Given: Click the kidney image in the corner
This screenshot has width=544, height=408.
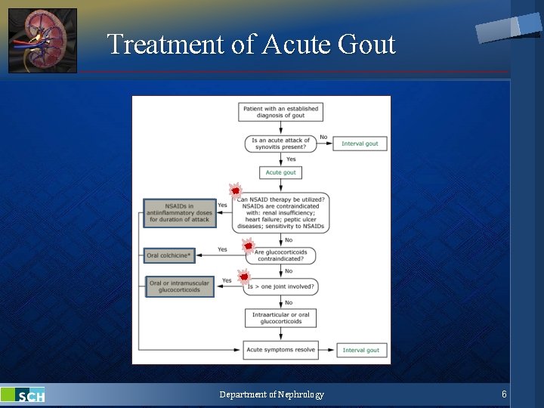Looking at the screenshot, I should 42,41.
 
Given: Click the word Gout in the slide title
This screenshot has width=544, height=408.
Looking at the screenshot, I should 366,45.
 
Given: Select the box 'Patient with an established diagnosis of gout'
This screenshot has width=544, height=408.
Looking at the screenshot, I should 280,112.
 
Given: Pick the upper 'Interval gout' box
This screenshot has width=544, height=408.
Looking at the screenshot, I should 360,144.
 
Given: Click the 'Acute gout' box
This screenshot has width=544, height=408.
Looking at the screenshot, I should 280,172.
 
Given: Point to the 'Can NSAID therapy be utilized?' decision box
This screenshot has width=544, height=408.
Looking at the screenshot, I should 280,212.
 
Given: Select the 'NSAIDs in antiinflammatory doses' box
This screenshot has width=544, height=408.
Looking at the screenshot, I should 180,212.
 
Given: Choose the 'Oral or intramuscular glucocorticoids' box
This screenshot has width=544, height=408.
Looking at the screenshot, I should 180,286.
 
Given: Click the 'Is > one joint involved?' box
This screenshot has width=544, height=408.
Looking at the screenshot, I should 280,287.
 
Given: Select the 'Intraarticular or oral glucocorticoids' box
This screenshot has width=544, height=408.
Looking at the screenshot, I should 280,318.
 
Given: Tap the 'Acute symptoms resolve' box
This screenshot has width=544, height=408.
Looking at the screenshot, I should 280,350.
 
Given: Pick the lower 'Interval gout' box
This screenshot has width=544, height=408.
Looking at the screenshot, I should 361,350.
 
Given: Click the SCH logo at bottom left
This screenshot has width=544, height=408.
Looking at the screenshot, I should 23,395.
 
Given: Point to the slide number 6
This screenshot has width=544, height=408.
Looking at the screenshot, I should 504,394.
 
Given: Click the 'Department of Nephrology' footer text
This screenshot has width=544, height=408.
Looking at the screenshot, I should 271,394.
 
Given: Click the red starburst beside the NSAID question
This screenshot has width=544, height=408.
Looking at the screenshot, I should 235,190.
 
